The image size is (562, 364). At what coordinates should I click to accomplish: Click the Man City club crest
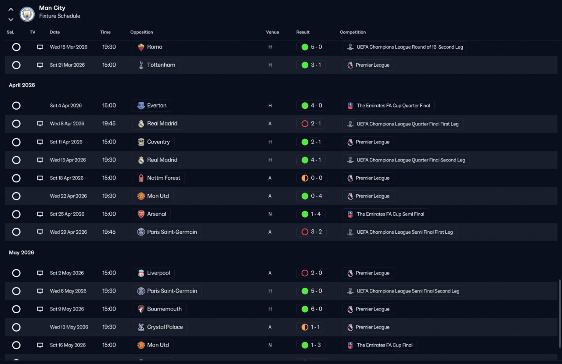[27, 14]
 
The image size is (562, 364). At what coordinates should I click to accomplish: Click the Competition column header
[353, 32]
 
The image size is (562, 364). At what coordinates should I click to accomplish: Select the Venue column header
[273, 32]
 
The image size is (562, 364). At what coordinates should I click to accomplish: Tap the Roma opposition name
[155, 47]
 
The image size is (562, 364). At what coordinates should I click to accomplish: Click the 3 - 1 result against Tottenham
[316, 65]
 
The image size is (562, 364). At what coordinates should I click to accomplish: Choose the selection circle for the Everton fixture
[16, 106]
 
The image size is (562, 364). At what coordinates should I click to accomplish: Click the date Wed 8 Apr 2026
[67, 124]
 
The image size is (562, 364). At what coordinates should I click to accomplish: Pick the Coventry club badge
[141, 142]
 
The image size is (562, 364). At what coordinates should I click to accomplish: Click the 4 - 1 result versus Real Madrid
[316, 160]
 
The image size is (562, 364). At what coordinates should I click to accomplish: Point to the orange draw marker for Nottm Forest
[305, 178]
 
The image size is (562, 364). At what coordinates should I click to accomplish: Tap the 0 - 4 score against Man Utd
[317, 196]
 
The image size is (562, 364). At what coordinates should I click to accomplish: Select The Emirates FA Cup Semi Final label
[390, 214]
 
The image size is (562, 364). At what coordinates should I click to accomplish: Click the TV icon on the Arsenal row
[40, 214]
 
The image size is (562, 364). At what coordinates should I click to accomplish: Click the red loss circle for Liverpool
[305, 273]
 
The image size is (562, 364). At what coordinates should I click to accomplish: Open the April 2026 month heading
[22, 85]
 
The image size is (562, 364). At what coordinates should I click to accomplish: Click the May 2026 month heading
[22, 253]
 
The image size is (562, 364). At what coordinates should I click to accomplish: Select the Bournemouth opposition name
[164, 309]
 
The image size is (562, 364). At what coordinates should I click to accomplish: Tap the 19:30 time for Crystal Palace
[109, 327]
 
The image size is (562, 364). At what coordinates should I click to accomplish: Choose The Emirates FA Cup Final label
[385, 345]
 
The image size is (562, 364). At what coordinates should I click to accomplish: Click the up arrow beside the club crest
[11, 10]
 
